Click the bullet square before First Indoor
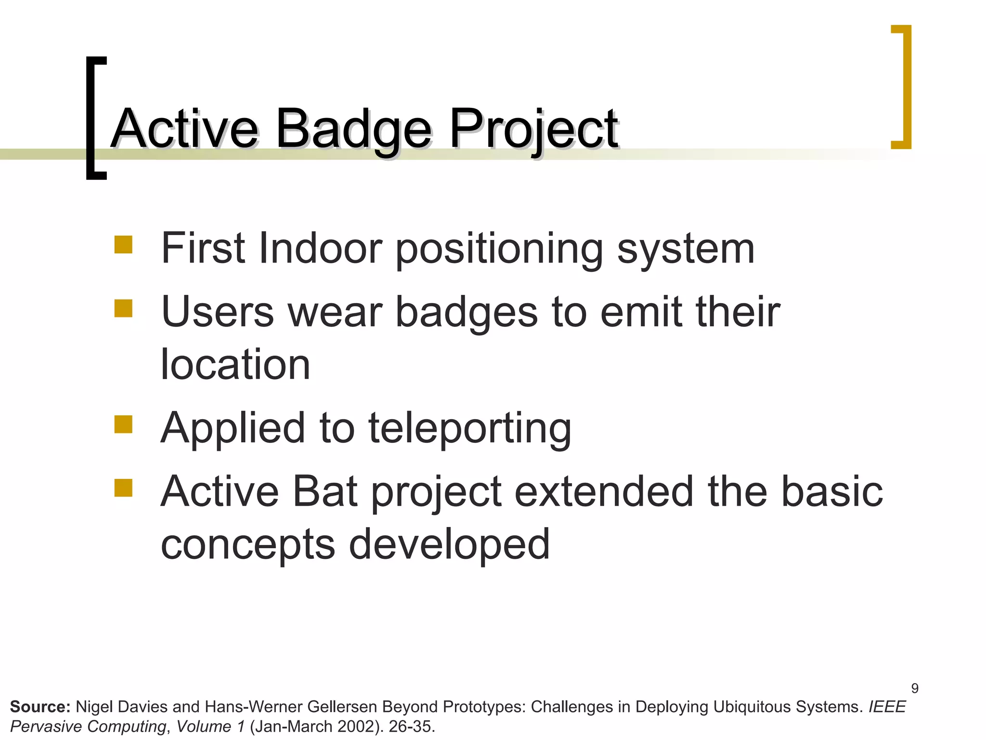pos(123,245)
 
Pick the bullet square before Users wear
pos(123,308)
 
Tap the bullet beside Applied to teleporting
pos(123,424)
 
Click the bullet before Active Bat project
pos(123,488)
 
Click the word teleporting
pos(469,429)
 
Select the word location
pos(235,365)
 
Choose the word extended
pos(604,492)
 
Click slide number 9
pos(915,688)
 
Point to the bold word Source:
pos(40,707)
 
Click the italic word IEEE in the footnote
pos(887,707)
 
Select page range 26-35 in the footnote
pos(411,727)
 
